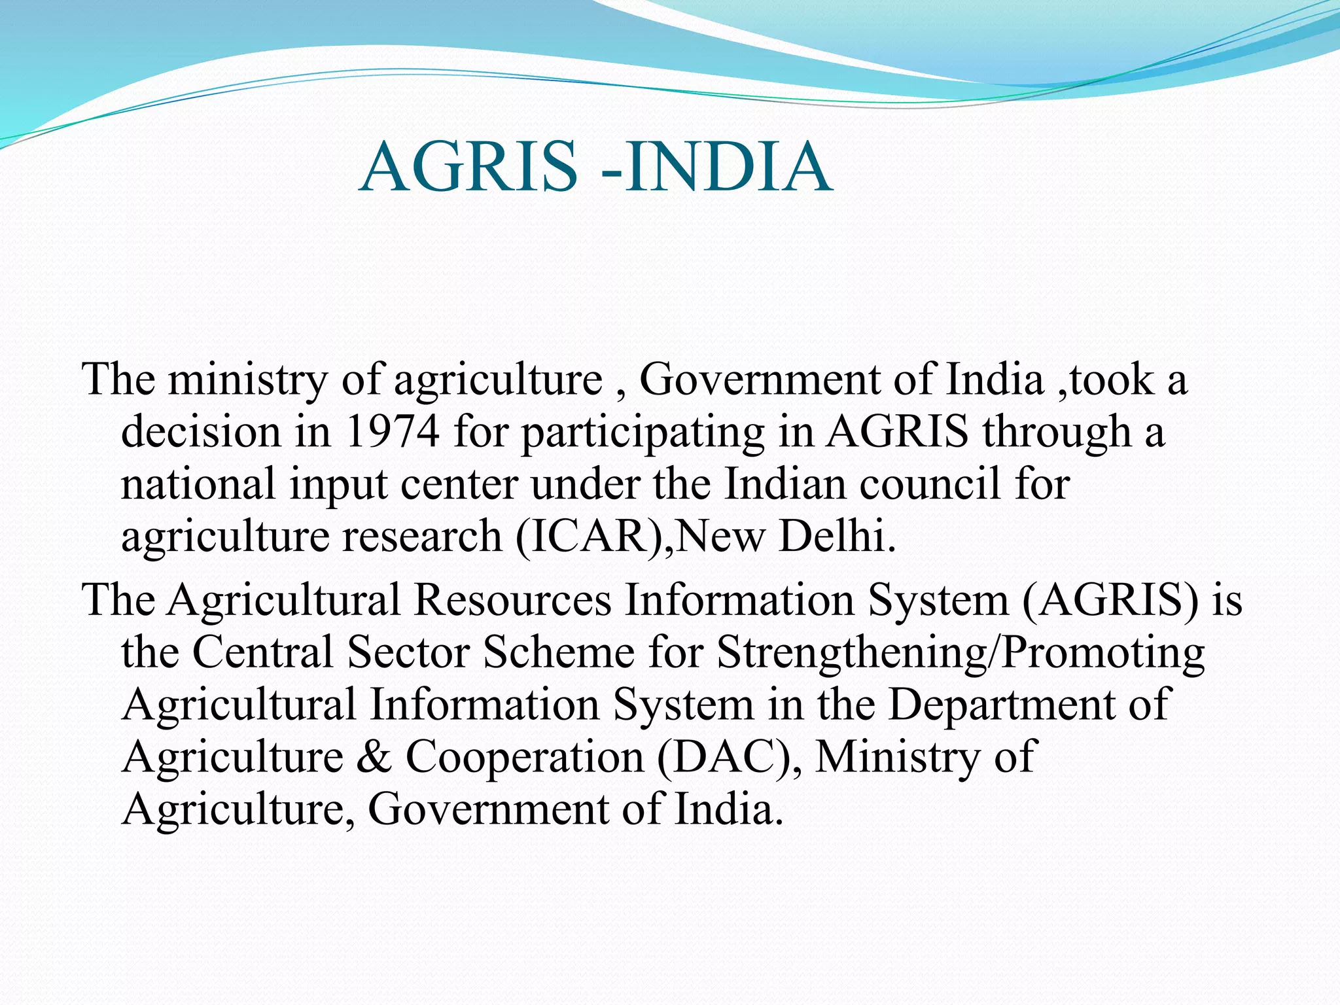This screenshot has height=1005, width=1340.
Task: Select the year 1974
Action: coord(391,432)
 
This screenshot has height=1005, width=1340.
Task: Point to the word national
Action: coord(198,484)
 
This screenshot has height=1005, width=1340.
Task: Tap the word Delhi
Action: coord(837,537)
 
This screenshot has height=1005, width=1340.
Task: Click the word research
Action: coord(422,537)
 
